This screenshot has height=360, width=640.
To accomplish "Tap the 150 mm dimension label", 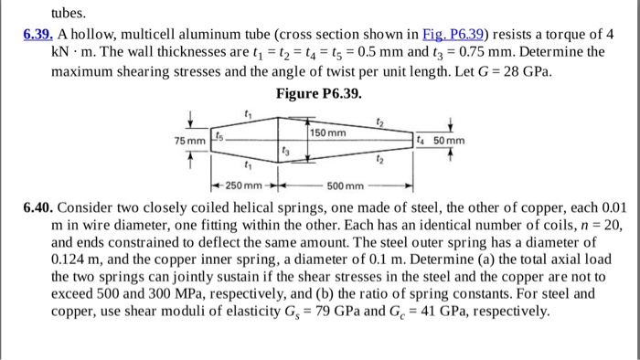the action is tap(328, 133).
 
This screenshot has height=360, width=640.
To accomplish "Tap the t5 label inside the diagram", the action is tap(218, 134).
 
